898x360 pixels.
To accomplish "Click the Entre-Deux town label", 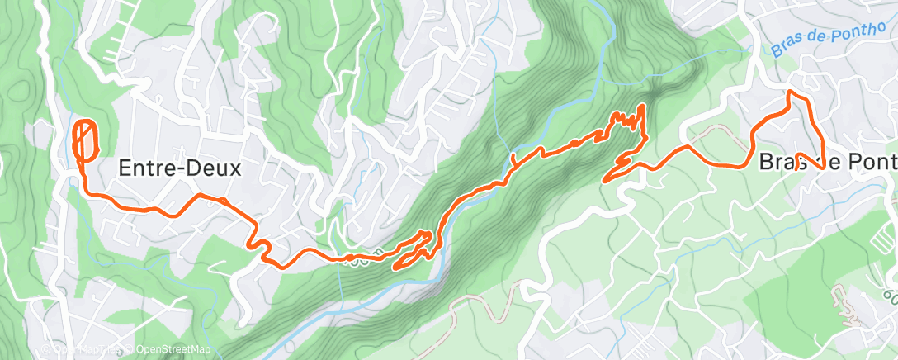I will click(179, 168).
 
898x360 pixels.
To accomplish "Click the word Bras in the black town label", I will click(780, 161).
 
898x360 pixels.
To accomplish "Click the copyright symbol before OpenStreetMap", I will click(130, 350).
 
